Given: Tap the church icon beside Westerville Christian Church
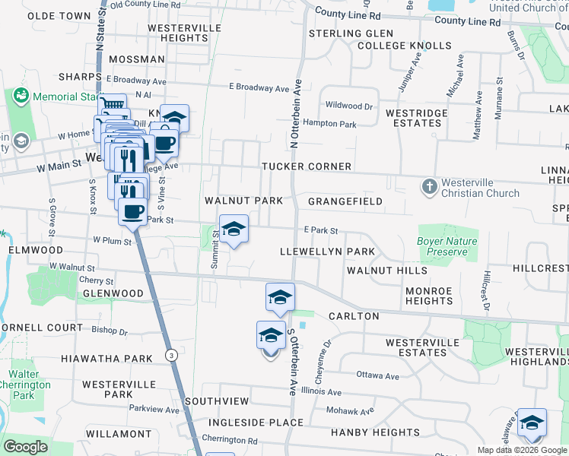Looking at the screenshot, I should [x=429, y=185].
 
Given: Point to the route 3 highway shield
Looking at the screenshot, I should [x=173, y=355].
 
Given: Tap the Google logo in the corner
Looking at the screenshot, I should [x=26, y=447].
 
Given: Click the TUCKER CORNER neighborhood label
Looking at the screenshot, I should [x=307, y=166].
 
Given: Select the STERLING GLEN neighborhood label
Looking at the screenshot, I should [x=351, y=33].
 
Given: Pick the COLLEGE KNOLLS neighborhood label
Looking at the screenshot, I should [x=404, y=46].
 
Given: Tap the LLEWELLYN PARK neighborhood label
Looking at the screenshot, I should [x=327, y=252].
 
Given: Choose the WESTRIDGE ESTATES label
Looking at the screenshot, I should [x=416, y=118].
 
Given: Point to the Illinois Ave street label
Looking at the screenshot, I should [x=321, y=392].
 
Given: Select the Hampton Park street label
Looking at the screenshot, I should [x=329, y=123].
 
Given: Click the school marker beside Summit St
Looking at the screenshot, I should [x=234, y=228].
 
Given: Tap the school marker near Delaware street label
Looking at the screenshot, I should [x=532, y=423].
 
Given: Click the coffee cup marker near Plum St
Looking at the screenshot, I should [x=132, y=211].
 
